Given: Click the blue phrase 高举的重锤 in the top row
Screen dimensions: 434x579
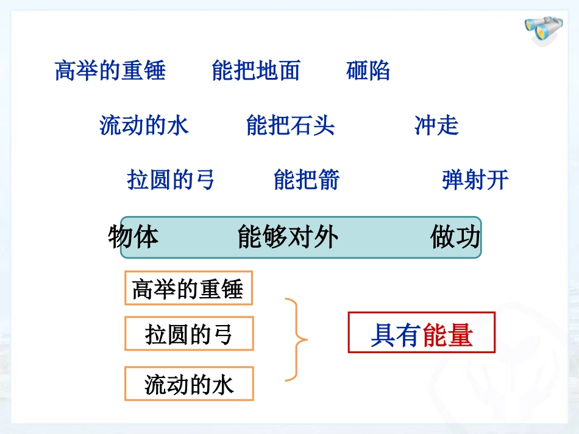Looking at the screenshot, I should [110, 71].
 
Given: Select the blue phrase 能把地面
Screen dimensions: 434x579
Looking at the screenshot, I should [256, 71].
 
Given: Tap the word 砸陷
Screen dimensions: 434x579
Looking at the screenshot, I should [368, 71].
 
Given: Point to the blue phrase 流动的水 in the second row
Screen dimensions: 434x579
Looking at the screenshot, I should [144, 125].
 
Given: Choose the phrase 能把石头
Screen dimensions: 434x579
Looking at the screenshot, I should [291, 125].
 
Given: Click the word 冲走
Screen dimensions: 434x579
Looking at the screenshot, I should [436, 125].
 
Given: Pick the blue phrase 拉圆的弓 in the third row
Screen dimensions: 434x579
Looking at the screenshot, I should [171, 180].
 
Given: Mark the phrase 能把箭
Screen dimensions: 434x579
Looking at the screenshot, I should [307, 180].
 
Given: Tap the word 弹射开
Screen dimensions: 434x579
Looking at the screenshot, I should [475, 180].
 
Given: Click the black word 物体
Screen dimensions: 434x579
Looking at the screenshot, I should [133, 237].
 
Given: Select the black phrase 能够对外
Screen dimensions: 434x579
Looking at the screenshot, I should [287, 237].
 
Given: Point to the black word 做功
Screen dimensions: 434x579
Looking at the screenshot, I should [455, 237].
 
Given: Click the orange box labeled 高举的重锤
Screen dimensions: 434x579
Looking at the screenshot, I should [188, 289].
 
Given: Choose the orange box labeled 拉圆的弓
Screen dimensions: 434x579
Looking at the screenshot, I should [189, 334].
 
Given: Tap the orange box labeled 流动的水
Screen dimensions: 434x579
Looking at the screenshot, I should [189, 384].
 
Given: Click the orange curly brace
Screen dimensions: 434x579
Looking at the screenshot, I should [297, 339].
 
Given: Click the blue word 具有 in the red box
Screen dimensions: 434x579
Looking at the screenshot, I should [396, 335].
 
